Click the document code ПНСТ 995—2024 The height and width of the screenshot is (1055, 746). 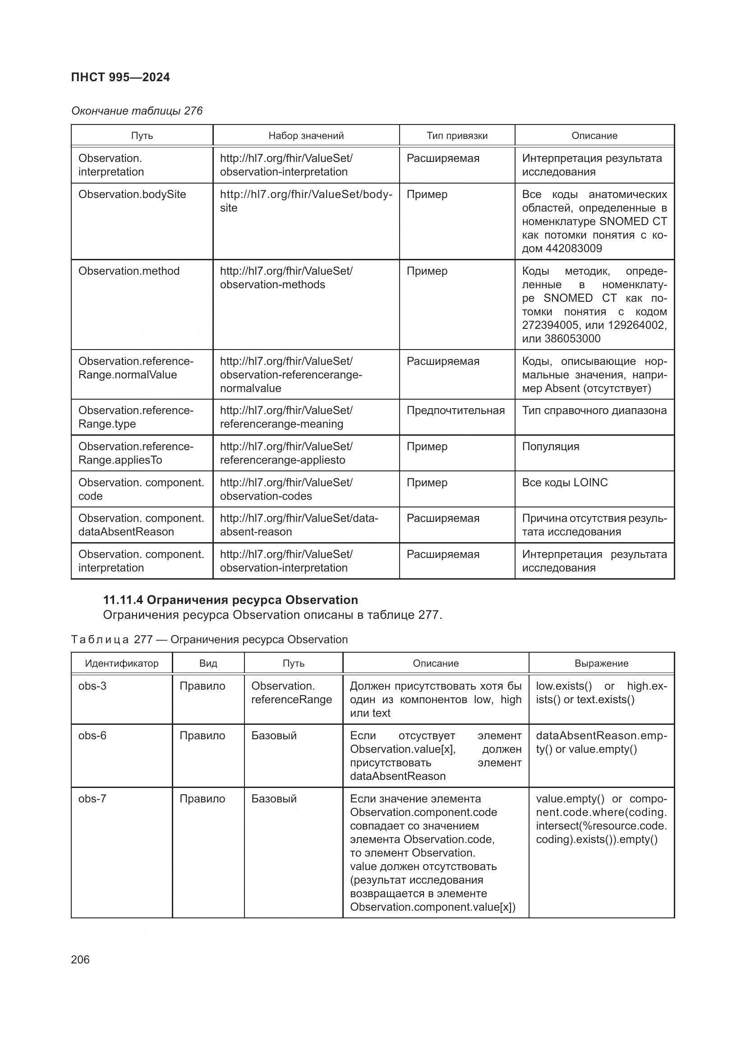(x=120, y=77)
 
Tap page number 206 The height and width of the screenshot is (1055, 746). (x=80, y=959)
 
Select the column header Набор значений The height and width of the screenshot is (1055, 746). (x=306, y=136)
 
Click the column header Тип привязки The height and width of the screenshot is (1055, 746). (x=456, y=136)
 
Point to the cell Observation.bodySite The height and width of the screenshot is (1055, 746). (x=132, y=194)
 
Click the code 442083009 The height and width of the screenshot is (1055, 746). (x=573, y=249)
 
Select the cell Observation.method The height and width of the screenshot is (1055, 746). (x=129, y=271)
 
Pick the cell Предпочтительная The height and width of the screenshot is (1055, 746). (x=455, y=410)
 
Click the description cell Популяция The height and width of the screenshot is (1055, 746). (x=550, y=446)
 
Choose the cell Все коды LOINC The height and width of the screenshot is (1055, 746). (x=565, y=483)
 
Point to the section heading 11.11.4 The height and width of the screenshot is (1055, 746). (x=230, y=599)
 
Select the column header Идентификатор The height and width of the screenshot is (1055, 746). (x=122, y=663)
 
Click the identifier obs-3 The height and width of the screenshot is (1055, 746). (x=92, y=686)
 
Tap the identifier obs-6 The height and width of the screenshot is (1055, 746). (x=92, y=736)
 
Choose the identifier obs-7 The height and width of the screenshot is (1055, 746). (x=92, y=799)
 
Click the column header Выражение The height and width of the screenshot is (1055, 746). (x=601, y=663)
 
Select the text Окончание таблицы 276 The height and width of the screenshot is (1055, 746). (x=137, y=111)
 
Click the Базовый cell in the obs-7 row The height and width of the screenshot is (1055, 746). (x=274, y=799)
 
